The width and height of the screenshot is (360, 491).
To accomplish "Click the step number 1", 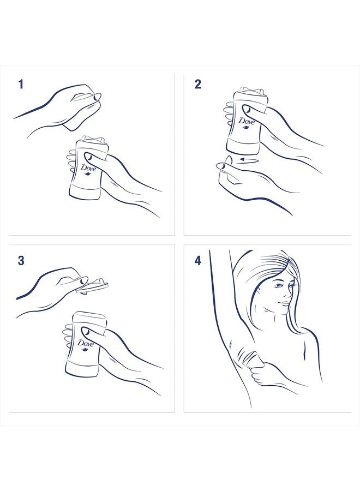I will tap(21, 84).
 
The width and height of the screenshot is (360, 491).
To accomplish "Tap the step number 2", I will tap(197, 84).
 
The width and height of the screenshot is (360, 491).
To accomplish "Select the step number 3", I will tap(21, 261).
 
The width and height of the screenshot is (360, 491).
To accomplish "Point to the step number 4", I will tap(197, 261).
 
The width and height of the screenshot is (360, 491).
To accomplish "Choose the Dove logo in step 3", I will tap(86, 345).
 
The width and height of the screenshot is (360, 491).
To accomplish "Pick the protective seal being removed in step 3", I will tap(94, 284).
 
